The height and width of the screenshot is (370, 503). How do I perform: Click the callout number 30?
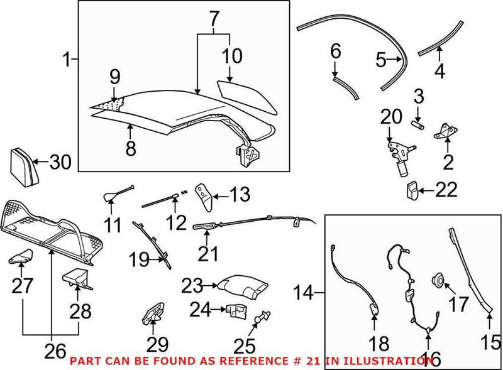(x=61, y=162)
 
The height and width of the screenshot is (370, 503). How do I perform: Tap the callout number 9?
(x=114, y=77)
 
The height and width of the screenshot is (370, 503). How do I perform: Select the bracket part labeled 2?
(x=445, y=133)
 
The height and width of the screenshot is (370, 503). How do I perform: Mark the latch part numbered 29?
(x=153, y=312)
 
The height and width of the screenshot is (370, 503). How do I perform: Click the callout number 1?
(x=67, y=61)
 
